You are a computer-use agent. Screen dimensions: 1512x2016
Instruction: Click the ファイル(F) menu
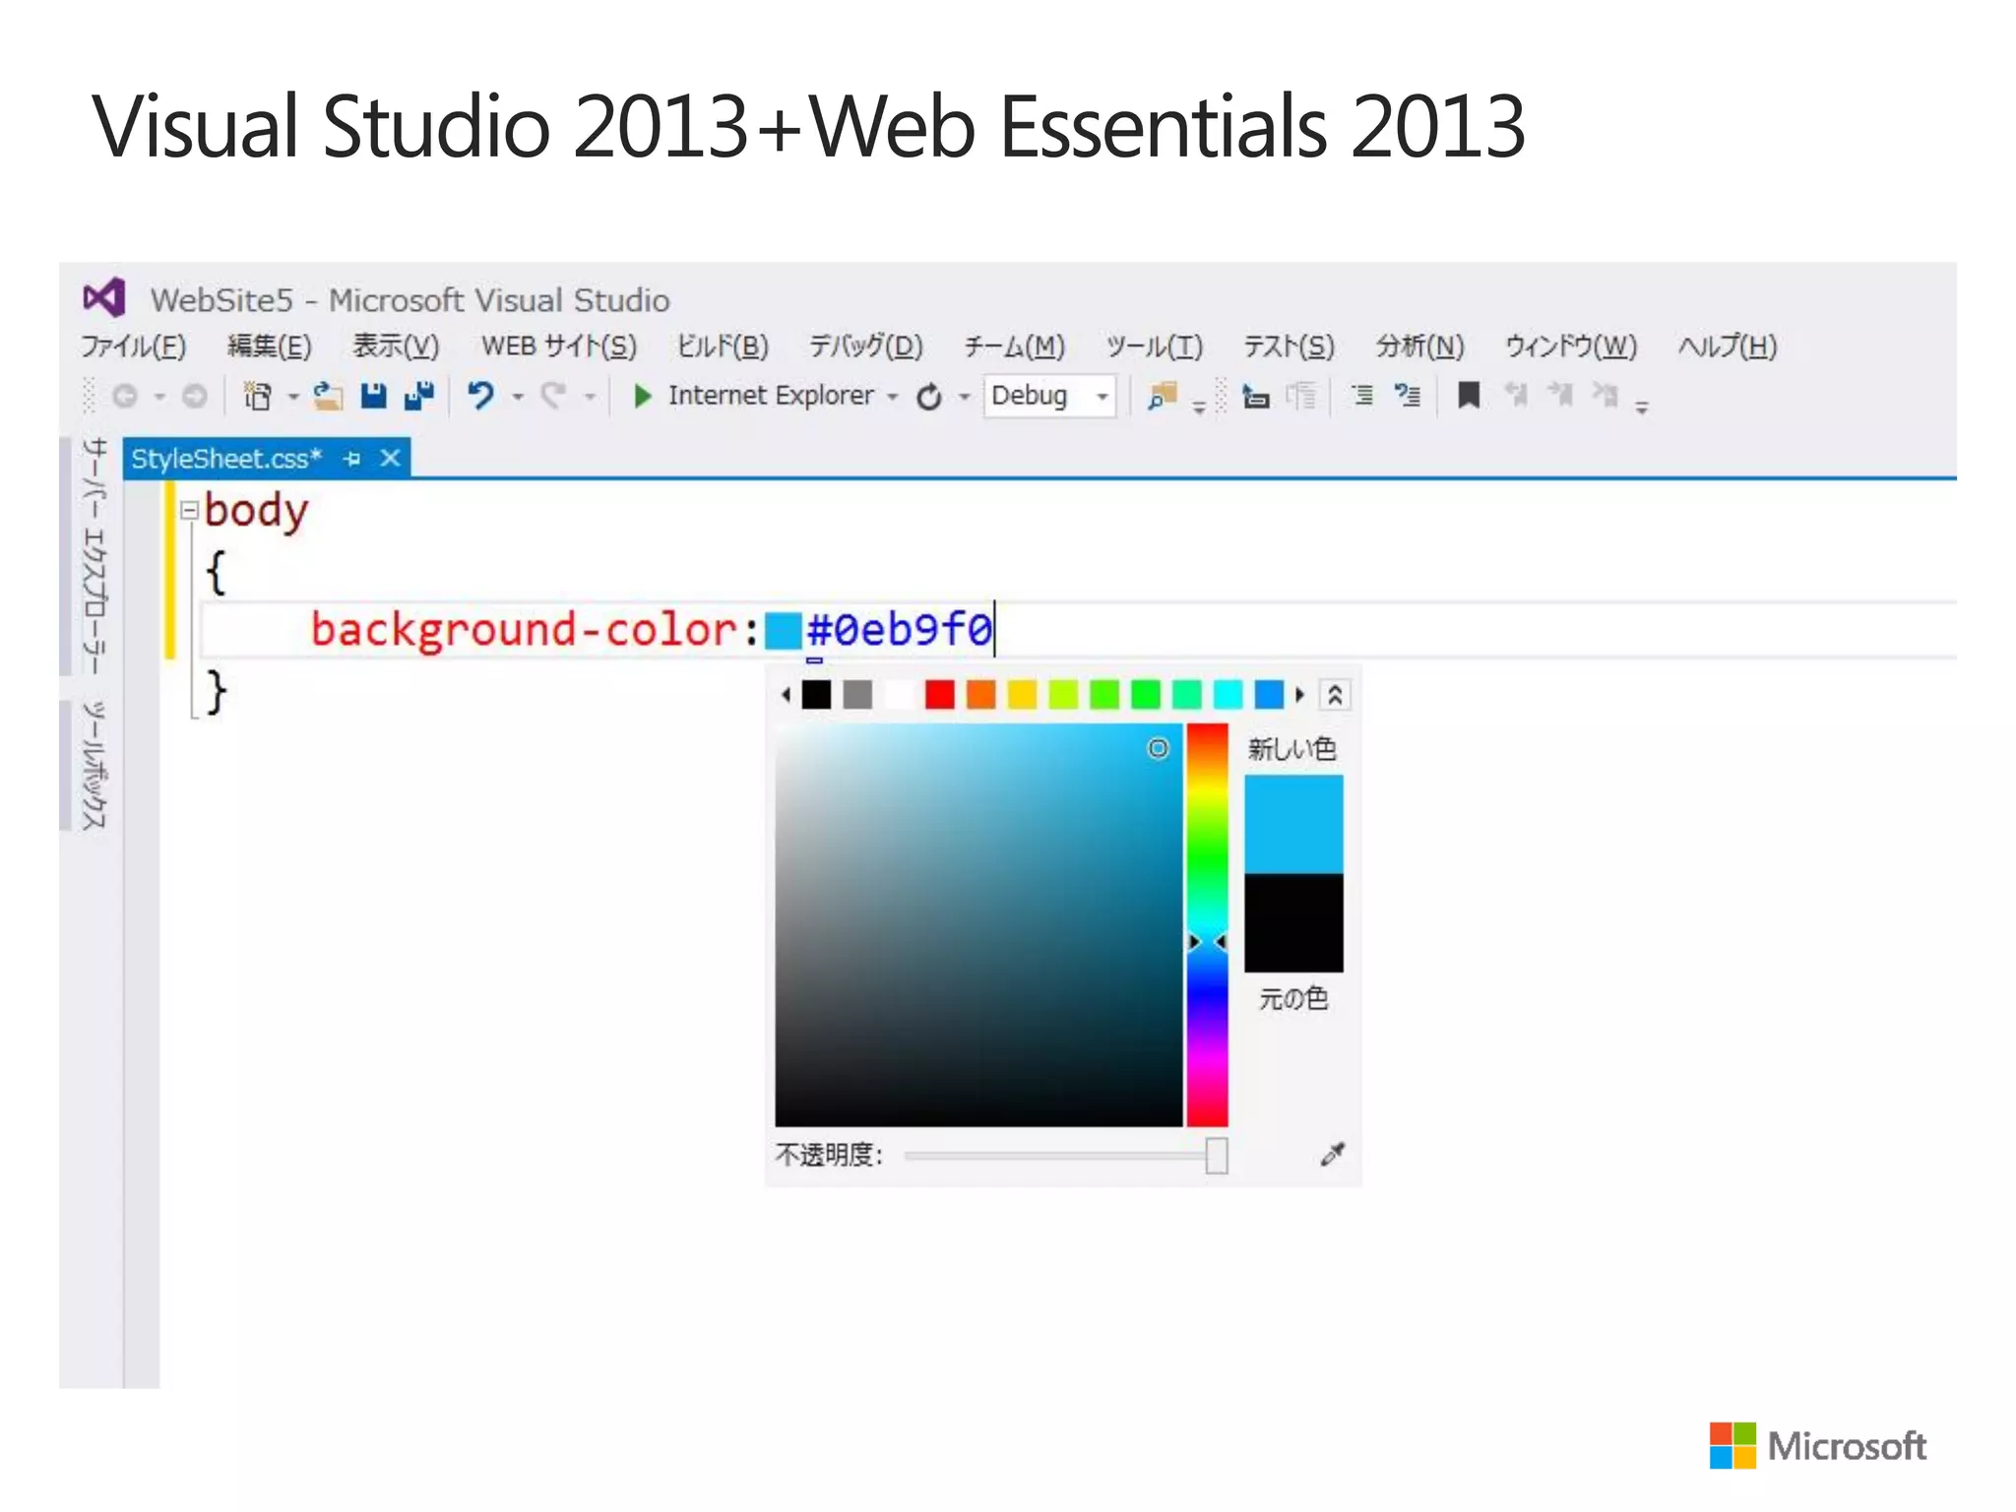(133, 346)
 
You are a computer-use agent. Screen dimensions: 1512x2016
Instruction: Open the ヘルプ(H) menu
(1727, 346)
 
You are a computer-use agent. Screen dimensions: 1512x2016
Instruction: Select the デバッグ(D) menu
(865, 346)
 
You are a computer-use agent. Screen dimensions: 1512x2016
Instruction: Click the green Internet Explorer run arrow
(643, 396)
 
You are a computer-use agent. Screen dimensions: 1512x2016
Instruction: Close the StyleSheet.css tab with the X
(391, 459)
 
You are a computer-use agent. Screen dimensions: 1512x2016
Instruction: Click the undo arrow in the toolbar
(480, 396)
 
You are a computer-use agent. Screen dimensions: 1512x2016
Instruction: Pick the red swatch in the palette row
(940, 695)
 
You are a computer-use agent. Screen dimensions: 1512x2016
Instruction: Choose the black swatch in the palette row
(816, 695)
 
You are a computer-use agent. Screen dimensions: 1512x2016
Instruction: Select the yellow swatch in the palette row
(1023, 695)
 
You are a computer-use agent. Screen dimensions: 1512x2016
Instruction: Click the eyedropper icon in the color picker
(1332, 1155)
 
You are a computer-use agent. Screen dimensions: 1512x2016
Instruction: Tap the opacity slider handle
(1217, 1156)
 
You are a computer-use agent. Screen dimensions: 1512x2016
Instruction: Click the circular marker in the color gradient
(1159, 749)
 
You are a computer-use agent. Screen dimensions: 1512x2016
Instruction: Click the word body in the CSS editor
(256, 511)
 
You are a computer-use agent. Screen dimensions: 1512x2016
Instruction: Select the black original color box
(1293, 923)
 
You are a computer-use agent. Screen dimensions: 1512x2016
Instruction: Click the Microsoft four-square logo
(1732, 1445)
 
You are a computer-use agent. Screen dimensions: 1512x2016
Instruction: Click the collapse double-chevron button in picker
(1335, 695)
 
